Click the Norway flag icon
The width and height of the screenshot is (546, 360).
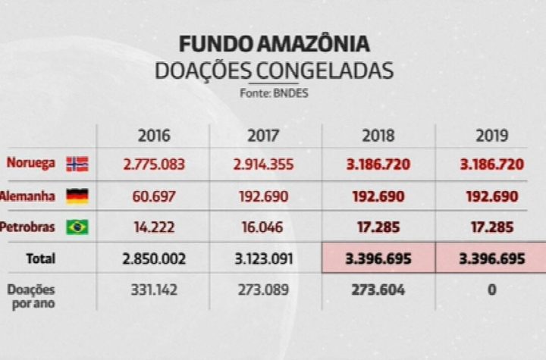[x=77, y=164]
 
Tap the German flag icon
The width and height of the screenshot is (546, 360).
[x=77, y=196]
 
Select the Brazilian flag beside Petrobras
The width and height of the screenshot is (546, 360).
[x=77, y=227]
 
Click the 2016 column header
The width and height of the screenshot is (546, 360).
[x=154, y=136]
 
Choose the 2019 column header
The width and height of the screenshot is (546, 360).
[x=491, y=136]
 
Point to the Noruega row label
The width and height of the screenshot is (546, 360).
[x=30, y=164]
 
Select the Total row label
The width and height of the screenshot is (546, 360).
[x=41, y=258]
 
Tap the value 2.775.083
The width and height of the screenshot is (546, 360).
[x=154, y=164]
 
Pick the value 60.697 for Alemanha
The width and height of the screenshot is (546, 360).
[x=154, y=196]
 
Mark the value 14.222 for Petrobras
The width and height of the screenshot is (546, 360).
[x=154, y=227]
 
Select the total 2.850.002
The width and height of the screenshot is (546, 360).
[x=154, y=258]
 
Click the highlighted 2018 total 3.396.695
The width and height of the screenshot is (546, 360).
[x=378, y=258]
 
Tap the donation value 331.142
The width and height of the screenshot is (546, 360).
[x=154, y=290]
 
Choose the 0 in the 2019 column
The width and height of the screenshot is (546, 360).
[x=491, y=290]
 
